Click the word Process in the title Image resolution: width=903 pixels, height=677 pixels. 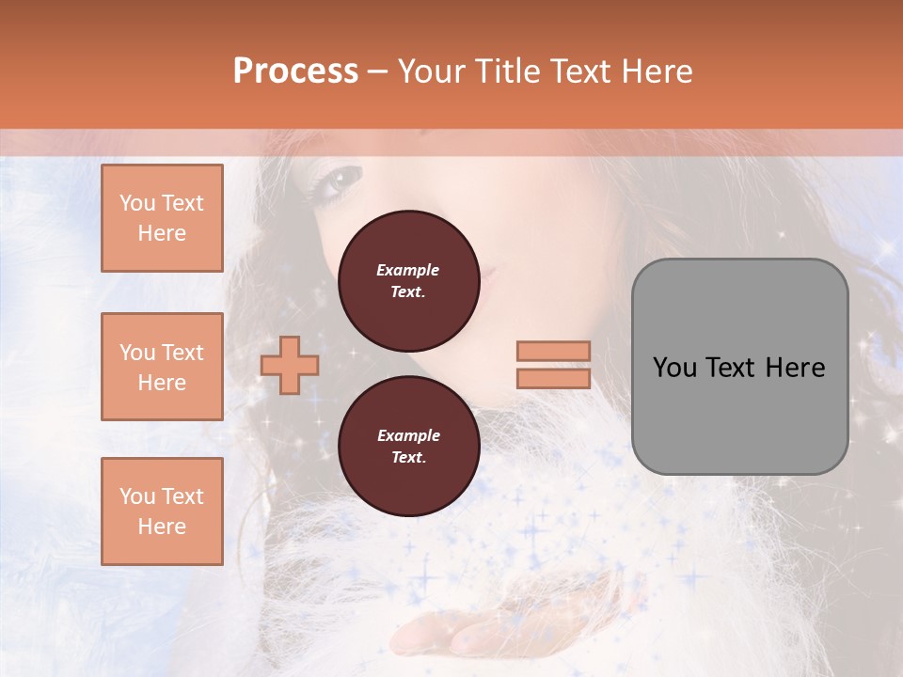click(295, 71)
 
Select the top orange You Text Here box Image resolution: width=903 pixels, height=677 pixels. click(162, 218)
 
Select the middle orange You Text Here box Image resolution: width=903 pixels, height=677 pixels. click(162, 367)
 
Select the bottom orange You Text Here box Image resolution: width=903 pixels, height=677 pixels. click(162, 512)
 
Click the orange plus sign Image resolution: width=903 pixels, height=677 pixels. click(289, 365)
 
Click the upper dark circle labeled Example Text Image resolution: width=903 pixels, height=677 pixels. click(408, 280)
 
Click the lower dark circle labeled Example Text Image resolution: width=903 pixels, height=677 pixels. click(408, 446)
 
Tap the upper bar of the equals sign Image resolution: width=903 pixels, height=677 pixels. click(553, 351)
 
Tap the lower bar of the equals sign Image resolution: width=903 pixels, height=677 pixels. click(553, 378)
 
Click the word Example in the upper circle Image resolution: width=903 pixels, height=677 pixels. click(408, 270)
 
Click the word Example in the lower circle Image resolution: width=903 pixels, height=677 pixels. click(408, 435)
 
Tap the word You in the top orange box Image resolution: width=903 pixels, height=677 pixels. click(137, 203)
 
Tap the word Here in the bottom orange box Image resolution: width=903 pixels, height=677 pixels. click(162, 527)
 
